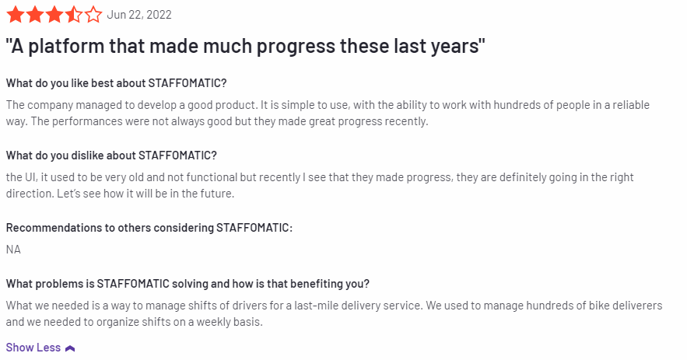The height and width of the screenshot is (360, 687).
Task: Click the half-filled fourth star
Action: coord(74,15)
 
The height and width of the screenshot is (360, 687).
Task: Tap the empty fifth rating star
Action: coord(93,15)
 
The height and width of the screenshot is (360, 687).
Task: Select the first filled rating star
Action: coord(16,15)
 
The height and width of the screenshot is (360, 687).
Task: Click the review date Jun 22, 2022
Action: coord(139,15)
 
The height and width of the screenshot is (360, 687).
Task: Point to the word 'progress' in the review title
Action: coord(296,47)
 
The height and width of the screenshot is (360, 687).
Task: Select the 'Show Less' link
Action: coord(33,348)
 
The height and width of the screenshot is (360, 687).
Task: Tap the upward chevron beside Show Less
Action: coord(70,348)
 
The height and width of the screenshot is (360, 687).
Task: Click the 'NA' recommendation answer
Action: coord(13,250)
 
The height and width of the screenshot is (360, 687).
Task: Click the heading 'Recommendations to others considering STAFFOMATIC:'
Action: coord(149,228)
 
